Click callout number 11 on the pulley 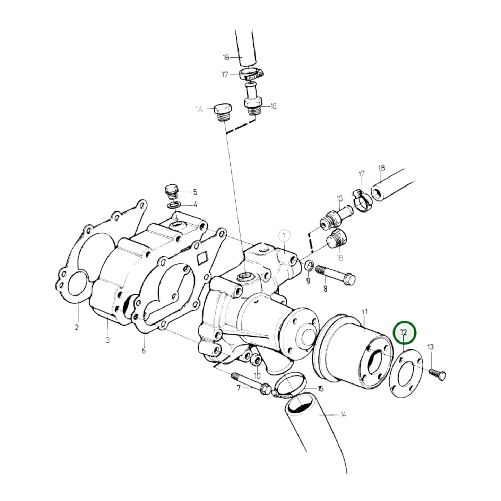point(364,312)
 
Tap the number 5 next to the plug point(195,192)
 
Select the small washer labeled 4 point(173,205)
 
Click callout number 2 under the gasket point(77,327)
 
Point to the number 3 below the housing point(107,340)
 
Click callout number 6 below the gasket point(144,351)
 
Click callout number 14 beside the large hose point(343,414)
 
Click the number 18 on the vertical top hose point(226,57)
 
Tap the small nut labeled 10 point(256,361)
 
